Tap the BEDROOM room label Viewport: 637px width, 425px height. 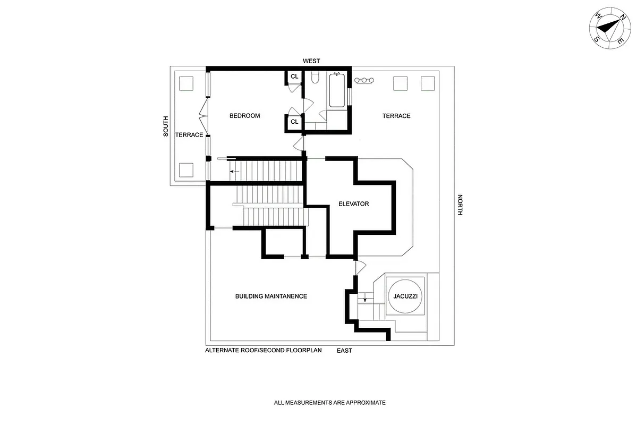pos(244,116)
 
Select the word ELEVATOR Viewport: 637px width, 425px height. pos(353,204)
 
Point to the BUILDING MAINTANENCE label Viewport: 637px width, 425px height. pos(271,296)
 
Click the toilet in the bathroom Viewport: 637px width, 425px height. pos(314,79)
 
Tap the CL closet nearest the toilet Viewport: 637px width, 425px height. pos(294,77)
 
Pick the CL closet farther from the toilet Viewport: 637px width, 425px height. pos(294,122)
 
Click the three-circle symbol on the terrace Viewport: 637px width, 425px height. pos(364,81)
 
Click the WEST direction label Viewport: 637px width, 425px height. pos(311,62)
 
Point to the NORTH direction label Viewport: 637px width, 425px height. pos(460,205)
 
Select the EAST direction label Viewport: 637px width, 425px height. pos(344,351)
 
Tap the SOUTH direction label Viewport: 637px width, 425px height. pos(166,126)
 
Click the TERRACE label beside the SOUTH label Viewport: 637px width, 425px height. pos(189,135)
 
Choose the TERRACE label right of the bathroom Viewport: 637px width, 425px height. pos(396,116)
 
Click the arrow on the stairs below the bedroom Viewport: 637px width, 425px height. pos(233,172)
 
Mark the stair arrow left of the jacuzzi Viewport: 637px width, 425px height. pos(364,300)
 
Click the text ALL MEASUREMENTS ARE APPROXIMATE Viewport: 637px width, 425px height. pos(329,403)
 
